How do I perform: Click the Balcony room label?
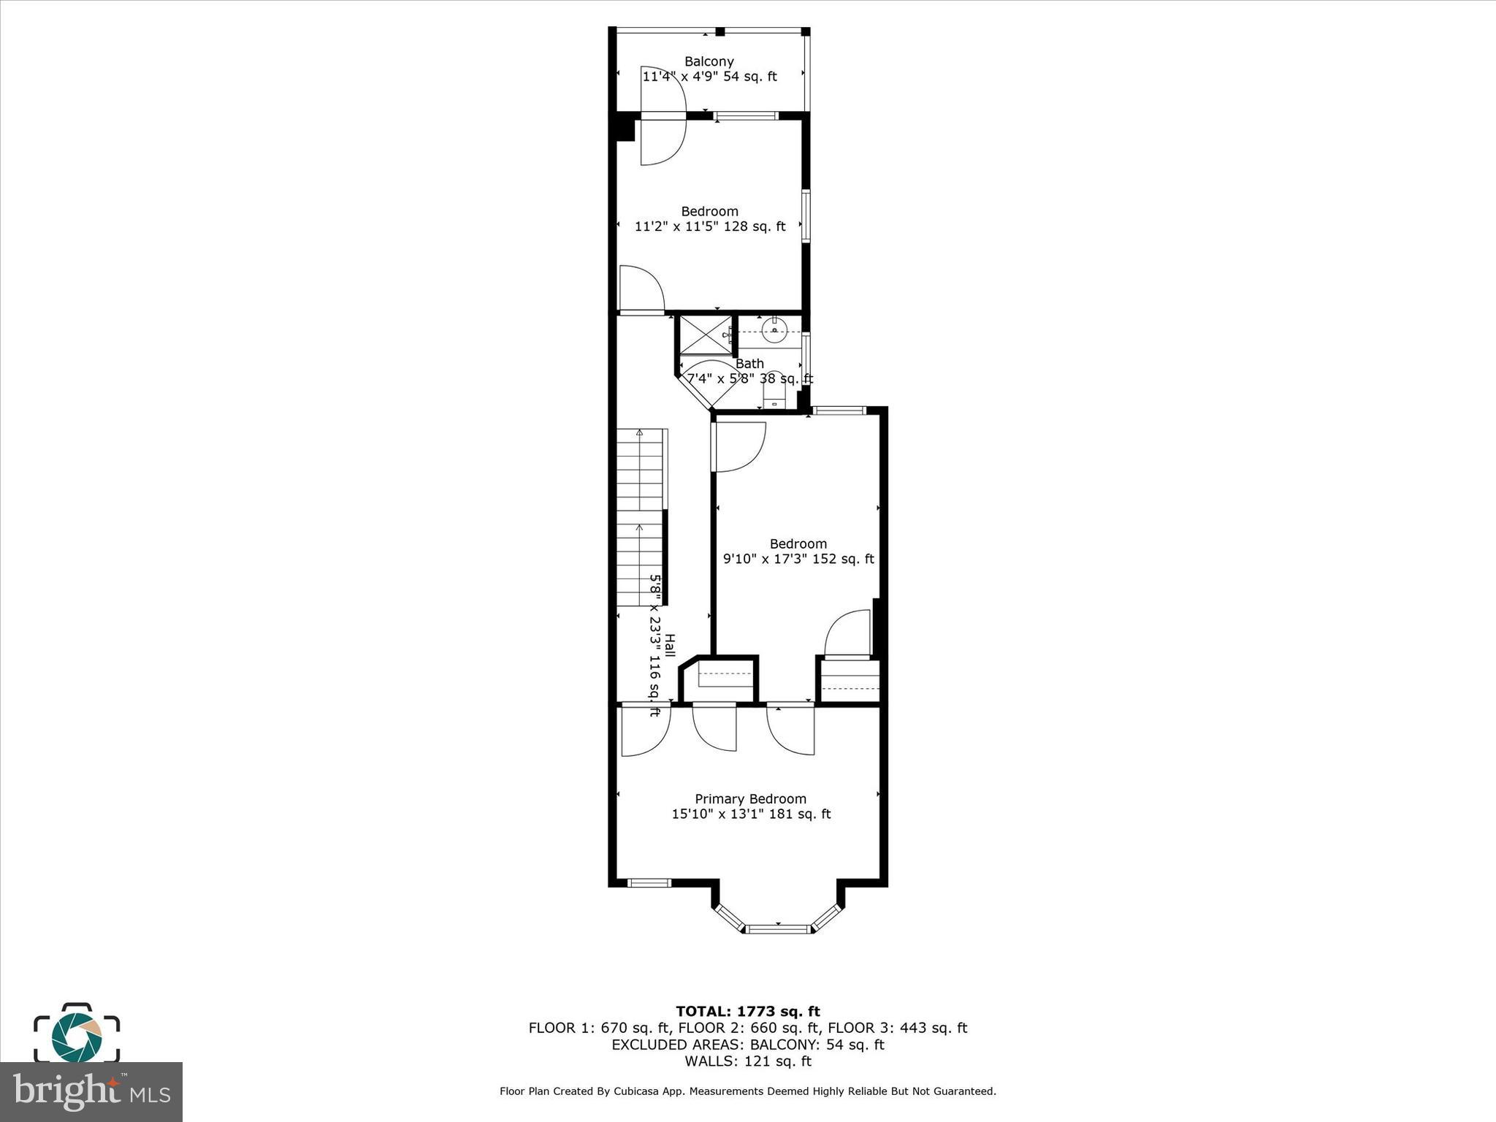pyautogui.click(x=709, y=61)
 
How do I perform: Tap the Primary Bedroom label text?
pyautogui.click(x=750, y=798)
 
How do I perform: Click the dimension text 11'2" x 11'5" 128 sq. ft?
pyautogui.click(x=709, y=226)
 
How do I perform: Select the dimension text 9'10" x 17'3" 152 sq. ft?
pyautogui.click(x=798, y=559)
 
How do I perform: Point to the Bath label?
pyautogui.click(x=749, y=363)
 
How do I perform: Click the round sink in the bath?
pyautogui.click(x=774, y=330)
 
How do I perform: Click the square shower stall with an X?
pyautogui.click(x=705, y=335)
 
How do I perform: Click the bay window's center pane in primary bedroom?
pyautogui.click(x=778, y=929)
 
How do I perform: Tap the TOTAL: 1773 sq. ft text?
pyautogui.click(x=747, y=1011)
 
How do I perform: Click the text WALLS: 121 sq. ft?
pyautogui.click(x=747, y=1061)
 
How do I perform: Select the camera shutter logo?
pyautogui.click(x=76, y=1034)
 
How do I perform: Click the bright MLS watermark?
pyautogui.click(x=91, y=1092)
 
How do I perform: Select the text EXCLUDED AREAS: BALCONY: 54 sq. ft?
pyautogui.click(x=747, y=1045)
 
